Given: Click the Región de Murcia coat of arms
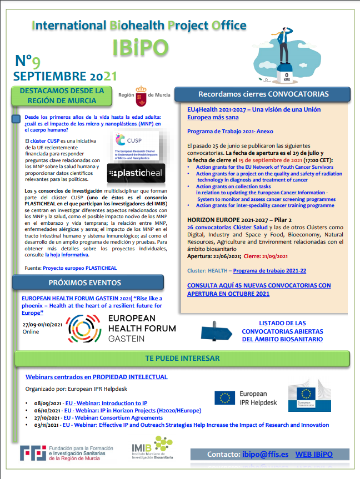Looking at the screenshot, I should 141,95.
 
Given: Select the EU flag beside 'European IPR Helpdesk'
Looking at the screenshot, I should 226,397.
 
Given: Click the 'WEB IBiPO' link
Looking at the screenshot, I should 314,454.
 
